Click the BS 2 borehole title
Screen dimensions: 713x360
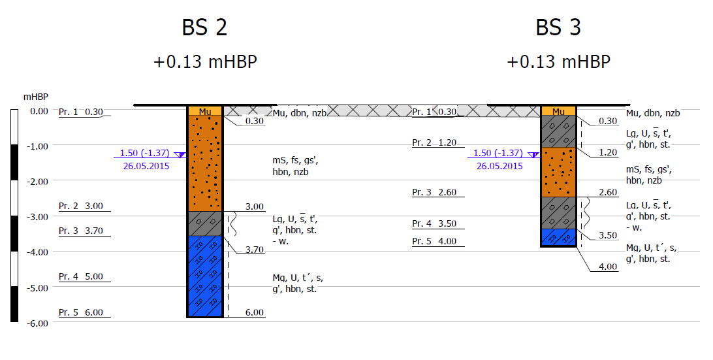tap(204, 27)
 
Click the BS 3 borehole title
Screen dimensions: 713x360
tap(558, 27)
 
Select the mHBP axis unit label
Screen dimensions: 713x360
tap(35, 97)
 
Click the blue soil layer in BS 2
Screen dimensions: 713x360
tap(204, 276)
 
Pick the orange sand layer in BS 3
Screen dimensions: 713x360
tap(558, 172)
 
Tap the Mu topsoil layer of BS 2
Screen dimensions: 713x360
tap(204, 111)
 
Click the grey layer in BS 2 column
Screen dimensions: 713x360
tap(204, 223)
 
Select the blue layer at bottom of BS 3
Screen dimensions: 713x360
tap(558, 237)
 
